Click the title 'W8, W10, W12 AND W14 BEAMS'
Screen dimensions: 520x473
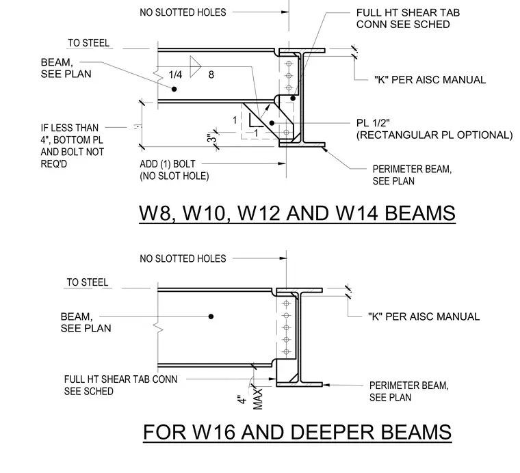pyautogui.click(x=297, y=213)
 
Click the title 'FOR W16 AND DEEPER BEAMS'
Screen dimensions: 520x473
pyautogui.click(x=297, y=432)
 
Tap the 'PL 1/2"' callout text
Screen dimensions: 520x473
pyautogui.click(x=373, y=123)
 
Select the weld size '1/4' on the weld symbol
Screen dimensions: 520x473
pyautogui.click(x=175, y=75)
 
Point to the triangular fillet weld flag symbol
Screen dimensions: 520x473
pyautogui.click(x=195, y=66)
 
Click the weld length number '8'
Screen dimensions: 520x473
pyautogui.click(x=211, y=75)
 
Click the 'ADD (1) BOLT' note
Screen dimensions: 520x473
pyautogui.click(x=168, y=164)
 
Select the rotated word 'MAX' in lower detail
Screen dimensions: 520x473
pyautogui.click(x=258, y=399)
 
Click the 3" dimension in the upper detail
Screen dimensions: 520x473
pyautogui.click(x=212, y=138)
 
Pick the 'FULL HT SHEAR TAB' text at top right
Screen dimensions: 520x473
pyautogui.click(x=408, y=12)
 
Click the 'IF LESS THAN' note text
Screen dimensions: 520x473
pyautogui.click(x=70, y=128)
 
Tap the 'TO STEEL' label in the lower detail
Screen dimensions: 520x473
pyautogui.click(x=88, y=282)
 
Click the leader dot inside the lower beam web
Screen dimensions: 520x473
pyautogui.click(x=211, y=316)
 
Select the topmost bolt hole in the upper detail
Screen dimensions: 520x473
pyautogui.click(x=289, y=64)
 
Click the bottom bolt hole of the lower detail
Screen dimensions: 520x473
pyautogui.click(x=286, y=352)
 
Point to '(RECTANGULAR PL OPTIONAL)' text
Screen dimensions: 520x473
pyautogui.click(x=434, y=135)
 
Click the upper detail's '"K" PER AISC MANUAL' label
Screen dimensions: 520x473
pyautogui.click(x=430, y=80)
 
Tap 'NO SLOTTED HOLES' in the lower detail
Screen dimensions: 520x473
pyautogui.click(x=183, y=258)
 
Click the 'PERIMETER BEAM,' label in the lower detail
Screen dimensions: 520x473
pyautogui.click(x=409, y=386)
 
